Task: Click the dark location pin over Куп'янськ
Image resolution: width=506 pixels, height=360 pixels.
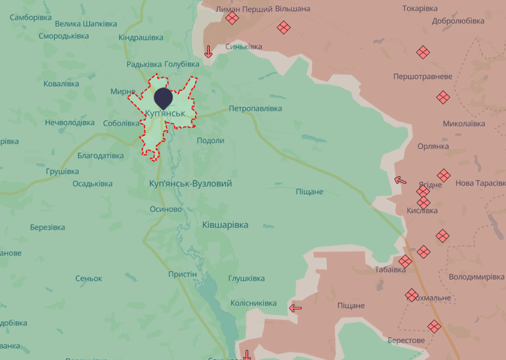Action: [163, 98]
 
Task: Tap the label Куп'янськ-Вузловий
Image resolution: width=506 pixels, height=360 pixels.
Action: [190, 184]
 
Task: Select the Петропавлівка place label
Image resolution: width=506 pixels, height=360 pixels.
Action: [255, 109]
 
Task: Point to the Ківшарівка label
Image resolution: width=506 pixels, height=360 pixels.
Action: [226, 225]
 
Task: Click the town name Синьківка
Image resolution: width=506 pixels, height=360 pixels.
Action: [243, 46]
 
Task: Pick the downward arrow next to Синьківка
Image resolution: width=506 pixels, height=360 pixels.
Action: [209, 51]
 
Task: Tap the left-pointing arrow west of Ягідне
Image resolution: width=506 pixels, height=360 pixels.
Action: [401, 181]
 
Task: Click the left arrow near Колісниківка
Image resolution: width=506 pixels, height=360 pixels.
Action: [295, 308]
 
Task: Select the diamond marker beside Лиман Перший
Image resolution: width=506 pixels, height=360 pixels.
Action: [232, 18]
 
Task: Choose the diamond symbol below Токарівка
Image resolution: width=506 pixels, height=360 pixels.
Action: [423, 52]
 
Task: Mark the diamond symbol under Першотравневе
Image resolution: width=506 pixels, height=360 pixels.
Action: [442, 97]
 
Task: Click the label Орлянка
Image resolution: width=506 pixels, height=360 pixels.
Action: [433, 146]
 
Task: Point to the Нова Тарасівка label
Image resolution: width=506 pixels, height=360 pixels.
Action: [480, 183]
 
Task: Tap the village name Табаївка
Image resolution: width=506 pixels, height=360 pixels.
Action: [390, 270]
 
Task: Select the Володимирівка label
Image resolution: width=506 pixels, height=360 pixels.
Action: [477, 277]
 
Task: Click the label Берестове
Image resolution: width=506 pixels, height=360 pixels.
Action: [406, 340]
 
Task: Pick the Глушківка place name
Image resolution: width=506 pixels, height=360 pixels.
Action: [246, 279]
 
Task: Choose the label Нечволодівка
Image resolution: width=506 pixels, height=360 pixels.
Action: [70, 123]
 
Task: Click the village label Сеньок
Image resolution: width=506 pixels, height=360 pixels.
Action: [89, 279]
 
